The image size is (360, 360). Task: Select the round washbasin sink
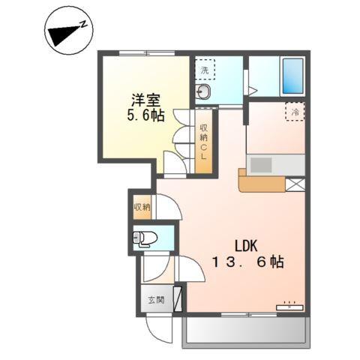pyautogui.click(x=204, y=92)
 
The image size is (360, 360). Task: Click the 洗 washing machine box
pyautogui.click(x=205, y=70)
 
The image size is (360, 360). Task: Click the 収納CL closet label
pyautogui.click(x=203, y=142)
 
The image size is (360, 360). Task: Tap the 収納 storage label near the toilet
pyautogui.click(x=141, y=207)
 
